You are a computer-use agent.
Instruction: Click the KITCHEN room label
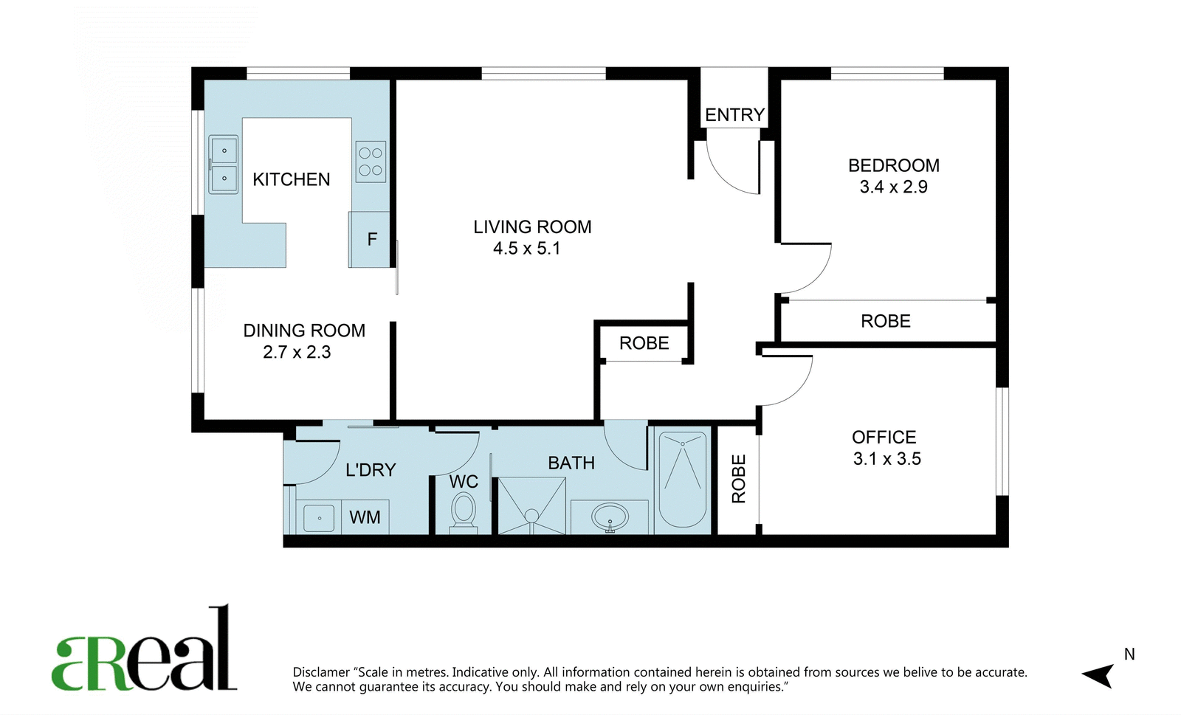coord(291,179)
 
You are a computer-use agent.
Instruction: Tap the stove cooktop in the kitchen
coord(370,162)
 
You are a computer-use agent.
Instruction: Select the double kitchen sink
coord(224,165)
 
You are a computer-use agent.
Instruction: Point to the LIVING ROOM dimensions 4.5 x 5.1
coord(527,248)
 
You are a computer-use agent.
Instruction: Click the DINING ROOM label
coord(304,331)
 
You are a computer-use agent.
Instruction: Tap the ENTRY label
coord(734,115)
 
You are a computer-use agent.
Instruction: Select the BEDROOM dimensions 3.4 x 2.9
coord(894,187)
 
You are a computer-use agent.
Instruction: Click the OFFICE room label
coord(884,438)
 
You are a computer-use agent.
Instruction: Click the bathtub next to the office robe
coord(683,480)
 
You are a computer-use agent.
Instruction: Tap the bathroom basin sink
coord(610,517)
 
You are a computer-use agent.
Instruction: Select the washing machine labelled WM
coord(365,517)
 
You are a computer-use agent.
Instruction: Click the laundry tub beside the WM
coord(319,518)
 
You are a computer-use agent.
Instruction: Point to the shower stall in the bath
coord(531,506)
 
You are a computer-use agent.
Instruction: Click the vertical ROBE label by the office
coord(739,479)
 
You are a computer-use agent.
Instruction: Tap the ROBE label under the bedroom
coord(886,321)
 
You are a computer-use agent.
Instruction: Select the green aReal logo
coord(144,648)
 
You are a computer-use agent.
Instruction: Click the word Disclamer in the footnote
coord(321,672)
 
